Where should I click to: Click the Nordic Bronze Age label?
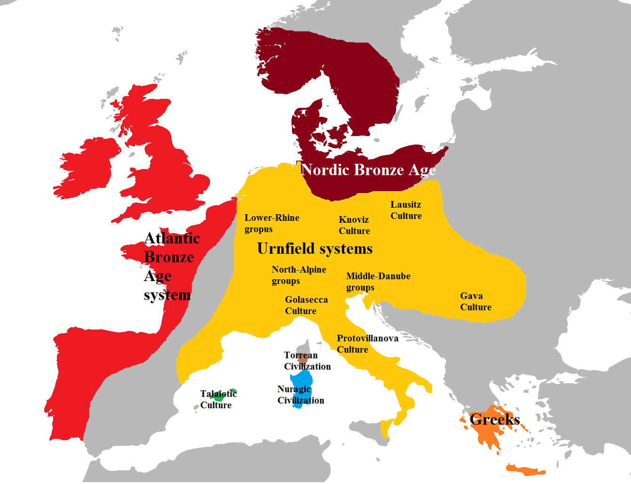tap(368, 170)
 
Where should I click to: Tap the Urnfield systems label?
tap(315, 249)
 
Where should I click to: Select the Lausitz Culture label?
tap(406, 210)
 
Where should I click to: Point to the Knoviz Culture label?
tap(354, 226)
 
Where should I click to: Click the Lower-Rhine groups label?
tap(272, 224)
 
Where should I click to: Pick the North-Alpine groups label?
tap(299, 275)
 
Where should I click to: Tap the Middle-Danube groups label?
tap(378, 282)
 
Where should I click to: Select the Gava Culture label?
tap(476, 302)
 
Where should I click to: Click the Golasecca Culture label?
tap(306, 306)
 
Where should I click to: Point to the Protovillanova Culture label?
tap(367, 344)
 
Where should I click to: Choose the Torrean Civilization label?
tap(307, 361)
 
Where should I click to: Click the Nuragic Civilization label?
tap(300, 395)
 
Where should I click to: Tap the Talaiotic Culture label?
tap(218, 400)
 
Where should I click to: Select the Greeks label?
tap(494, 419)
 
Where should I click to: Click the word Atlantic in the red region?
tap(172, 239)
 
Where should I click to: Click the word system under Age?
tap(167, 295)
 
